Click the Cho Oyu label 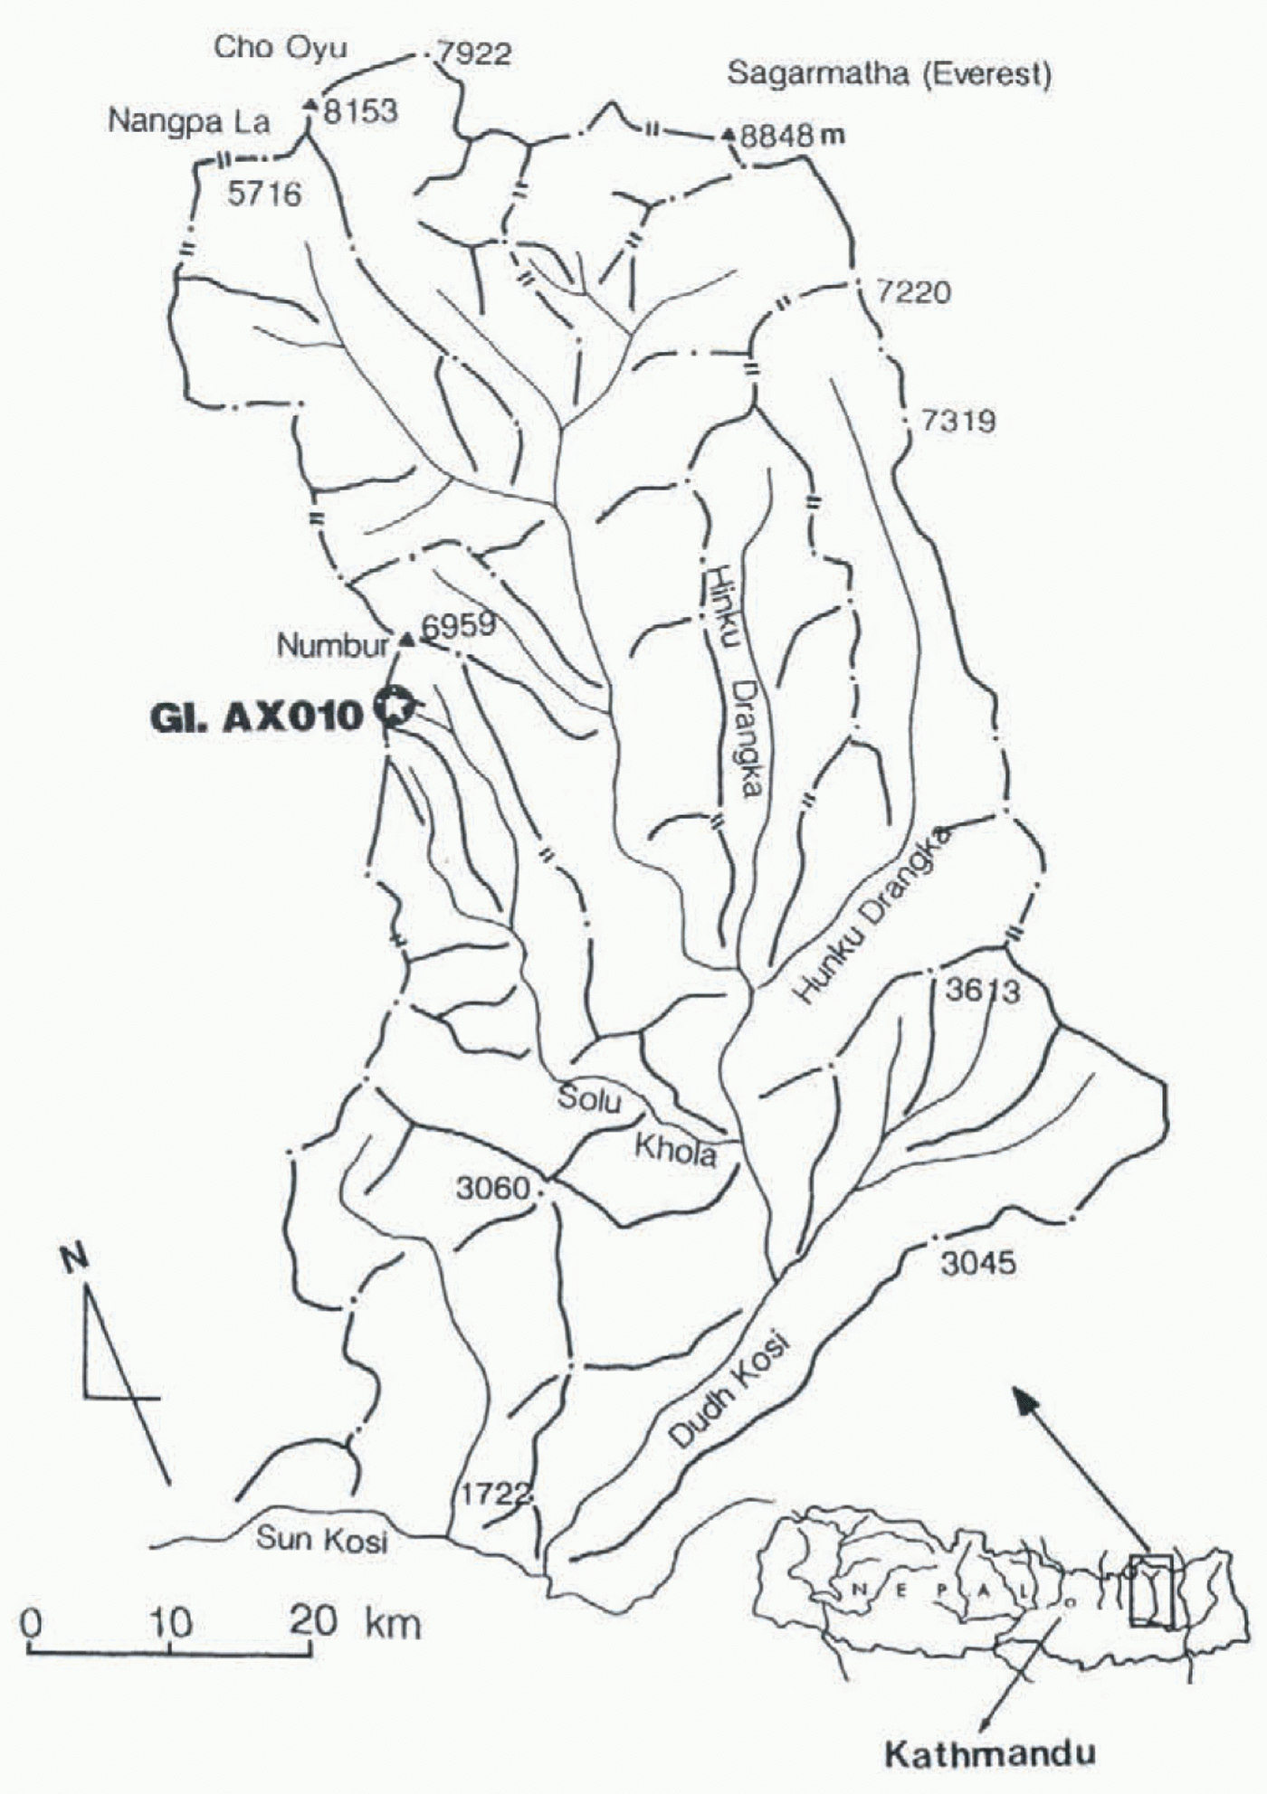(x=280, y=48)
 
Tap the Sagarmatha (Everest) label (x=890, y=74)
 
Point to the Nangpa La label (x=188, y=121)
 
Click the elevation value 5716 (x=264, y=194)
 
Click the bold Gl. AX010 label (x=255, y=717)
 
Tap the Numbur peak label (x=332, y=646)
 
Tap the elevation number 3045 (x=978, y=1262)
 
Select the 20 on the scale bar (x=314, y=1619)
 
